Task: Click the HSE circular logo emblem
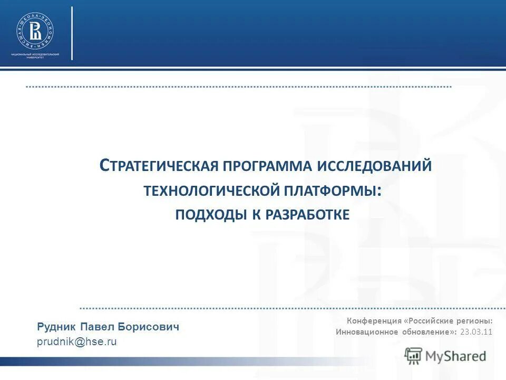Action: point(35,30)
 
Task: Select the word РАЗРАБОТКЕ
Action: point(307,215)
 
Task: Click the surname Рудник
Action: point(56,327)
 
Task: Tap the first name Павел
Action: point(98,327)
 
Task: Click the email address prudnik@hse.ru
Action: point(76,342)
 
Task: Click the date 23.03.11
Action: point(476,332)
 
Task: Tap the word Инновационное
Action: point(366,332)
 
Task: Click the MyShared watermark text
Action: point(456,356)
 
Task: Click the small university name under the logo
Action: point(35,56)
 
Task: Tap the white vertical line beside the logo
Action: point(72,33)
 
